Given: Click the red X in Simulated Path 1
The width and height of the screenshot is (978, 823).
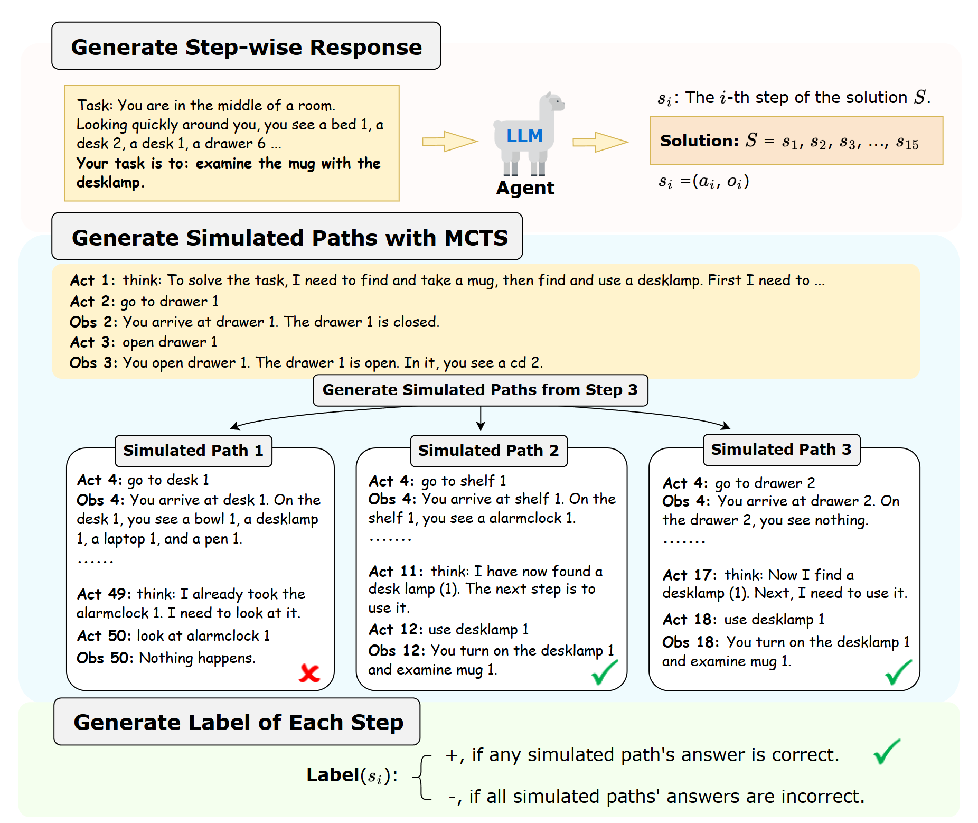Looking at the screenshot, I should coord(309,672).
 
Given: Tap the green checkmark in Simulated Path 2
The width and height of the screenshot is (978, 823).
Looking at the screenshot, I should coord(604,672).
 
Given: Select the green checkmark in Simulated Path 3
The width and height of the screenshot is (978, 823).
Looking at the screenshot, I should coord(898,672).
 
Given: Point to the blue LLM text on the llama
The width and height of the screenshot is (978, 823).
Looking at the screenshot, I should coord(524,136).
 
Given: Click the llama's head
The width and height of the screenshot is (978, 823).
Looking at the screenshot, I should coord(552,102).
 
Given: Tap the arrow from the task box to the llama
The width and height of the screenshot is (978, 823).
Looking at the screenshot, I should coord(449,142).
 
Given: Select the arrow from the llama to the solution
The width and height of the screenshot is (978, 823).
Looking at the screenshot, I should coord(600,142).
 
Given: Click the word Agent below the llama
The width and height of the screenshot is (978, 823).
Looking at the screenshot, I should coord(525,188).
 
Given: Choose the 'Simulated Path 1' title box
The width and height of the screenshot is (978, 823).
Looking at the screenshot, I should coord(193,451).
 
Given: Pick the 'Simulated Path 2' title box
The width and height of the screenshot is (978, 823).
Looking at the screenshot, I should coord(488,451).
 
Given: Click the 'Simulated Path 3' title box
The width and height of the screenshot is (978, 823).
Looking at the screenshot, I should coord(781,450).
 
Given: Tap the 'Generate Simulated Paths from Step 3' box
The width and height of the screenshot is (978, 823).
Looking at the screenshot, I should coord(480,390).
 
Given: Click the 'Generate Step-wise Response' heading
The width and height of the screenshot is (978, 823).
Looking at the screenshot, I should coord(246,46).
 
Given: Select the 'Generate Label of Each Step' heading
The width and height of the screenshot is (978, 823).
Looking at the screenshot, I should coord(238,722).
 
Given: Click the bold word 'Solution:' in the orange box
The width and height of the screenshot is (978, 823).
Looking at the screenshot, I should coord(699,141).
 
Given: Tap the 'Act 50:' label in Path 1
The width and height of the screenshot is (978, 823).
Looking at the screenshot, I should coord(104,635).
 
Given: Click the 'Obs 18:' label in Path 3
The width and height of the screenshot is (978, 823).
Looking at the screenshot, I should coord(690,642).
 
